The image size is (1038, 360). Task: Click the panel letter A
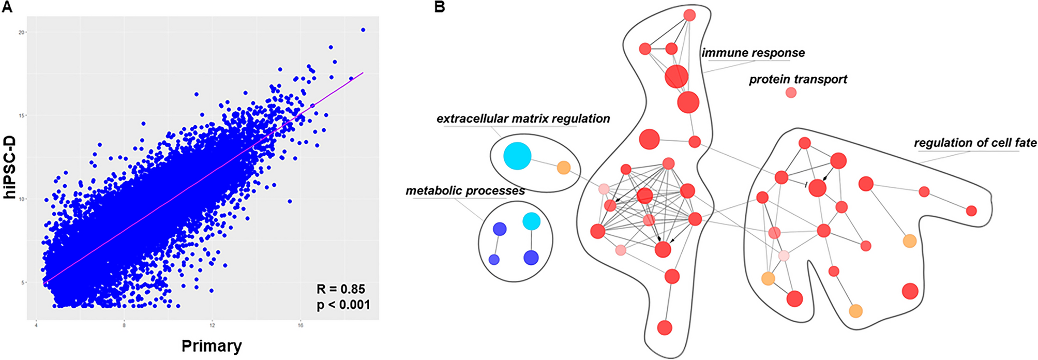coord(7,7)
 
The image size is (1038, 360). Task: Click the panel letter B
coord(440,7)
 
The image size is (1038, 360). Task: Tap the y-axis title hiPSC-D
coord(10,168)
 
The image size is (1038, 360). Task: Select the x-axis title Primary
coord(212,346)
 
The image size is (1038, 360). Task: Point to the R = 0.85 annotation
coord(341,289)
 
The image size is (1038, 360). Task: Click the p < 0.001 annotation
coord(343,305)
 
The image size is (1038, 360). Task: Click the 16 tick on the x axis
coord(300,325)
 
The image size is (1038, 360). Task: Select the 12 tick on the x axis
coord(212,325)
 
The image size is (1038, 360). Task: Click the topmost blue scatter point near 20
coord(363,30)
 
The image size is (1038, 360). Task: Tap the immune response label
coord(753,53)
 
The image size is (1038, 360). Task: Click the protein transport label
coord(798,79)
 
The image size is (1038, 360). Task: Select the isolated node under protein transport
coord(791,93)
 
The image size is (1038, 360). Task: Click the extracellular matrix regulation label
coord(523,118)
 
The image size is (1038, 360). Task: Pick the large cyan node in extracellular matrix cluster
coord(517,156)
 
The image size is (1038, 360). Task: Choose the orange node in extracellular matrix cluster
coord(563,168)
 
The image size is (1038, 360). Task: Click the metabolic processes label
coord(465,190)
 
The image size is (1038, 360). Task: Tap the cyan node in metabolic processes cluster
coord(531,221)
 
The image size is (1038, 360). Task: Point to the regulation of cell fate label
coord(975,143)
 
